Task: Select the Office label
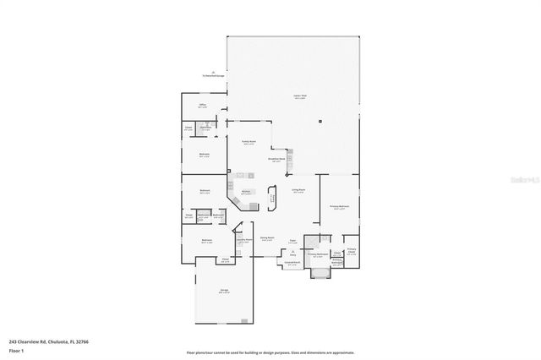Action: tap(203, 106)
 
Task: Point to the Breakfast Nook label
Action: tap(276, 159)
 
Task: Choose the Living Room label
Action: tap(298, 192)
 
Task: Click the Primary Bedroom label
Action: tap(341, 207)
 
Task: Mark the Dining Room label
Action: tap(266, 239)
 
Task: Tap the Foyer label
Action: tap(292, 242)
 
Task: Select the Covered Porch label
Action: tap(292, 263)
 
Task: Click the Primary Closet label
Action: tap(352, 250)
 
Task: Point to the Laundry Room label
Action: tap(243, 240)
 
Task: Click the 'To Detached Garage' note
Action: tap(213, 75)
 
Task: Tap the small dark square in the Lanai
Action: tap(320, 122)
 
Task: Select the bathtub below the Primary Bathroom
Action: tap(320, 271)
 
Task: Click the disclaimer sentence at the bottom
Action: tap(270, 352)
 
